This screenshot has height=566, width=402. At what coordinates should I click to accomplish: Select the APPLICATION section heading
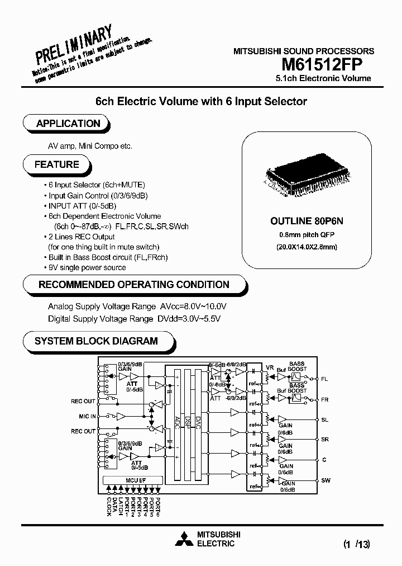pos(68,124)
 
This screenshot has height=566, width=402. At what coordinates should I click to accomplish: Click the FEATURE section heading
pos(57,164)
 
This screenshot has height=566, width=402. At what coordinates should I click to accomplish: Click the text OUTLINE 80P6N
pos(307,221)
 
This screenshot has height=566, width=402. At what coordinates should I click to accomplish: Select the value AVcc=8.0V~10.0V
pos(193,306)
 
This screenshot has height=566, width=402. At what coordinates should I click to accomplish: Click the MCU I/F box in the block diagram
pos(132,480)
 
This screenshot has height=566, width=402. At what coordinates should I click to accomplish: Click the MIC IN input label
pos(88,416)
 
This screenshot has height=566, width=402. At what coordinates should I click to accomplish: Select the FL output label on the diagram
pos(324,379)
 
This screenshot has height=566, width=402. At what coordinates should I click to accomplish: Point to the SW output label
pos(326,480)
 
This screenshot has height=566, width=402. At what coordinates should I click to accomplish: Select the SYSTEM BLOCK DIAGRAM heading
pos(96,341)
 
